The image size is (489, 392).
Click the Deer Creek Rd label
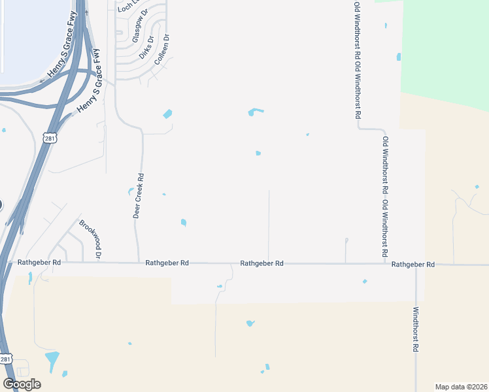pos(139,195)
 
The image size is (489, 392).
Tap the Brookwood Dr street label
pos(90,239)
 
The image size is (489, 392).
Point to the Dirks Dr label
pos(148,47)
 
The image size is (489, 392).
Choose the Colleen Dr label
pos(162,50)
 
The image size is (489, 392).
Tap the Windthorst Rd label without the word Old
pos(414,330)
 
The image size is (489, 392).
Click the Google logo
pos(22,384)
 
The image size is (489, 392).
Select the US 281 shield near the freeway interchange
pos(51,138)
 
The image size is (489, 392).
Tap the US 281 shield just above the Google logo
pos(6,359)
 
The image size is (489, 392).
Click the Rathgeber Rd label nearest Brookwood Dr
pos(39,262)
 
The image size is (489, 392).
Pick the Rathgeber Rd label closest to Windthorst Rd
pos(413,265)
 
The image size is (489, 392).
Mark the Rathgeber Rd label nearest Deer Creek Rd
pos(167,263)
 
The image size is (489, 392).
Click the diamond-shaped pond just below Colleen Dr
pos(167,114)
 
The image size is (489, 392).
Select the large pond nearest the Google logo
pos(52,359)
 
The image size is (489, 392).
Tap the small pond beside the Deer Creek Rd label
pos(131,191)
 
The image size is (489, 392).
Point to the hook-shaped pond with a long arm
pos(255,112)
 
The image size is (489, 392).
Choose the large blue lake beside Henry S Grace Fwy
pos(33,39)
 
